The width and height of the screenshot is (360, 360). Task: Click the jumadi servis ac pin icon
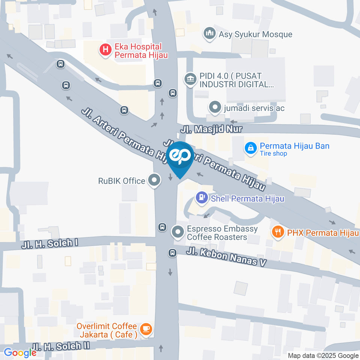click(215, 108)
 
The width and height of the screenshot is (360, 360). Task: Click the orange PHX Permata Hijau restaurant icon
click(277, 232)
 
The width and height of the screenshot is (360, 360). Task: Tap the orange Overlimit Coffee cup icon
click(145, 329)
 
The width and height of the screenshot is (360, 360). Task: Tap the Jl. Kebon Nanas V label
click(226, 256)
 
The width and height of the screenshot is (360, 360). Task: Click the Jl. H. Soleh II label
click(61, 346)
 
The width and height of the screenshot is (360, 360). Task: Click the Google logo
click(19, 352)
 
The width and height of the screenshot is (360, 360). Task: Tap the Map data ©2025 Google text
click(323, 355)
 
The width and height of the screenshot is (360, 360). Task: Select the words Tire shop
click(273, 153)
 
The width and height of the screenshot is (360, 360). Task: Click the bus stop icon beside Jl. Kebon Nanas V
click(172, 253)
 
